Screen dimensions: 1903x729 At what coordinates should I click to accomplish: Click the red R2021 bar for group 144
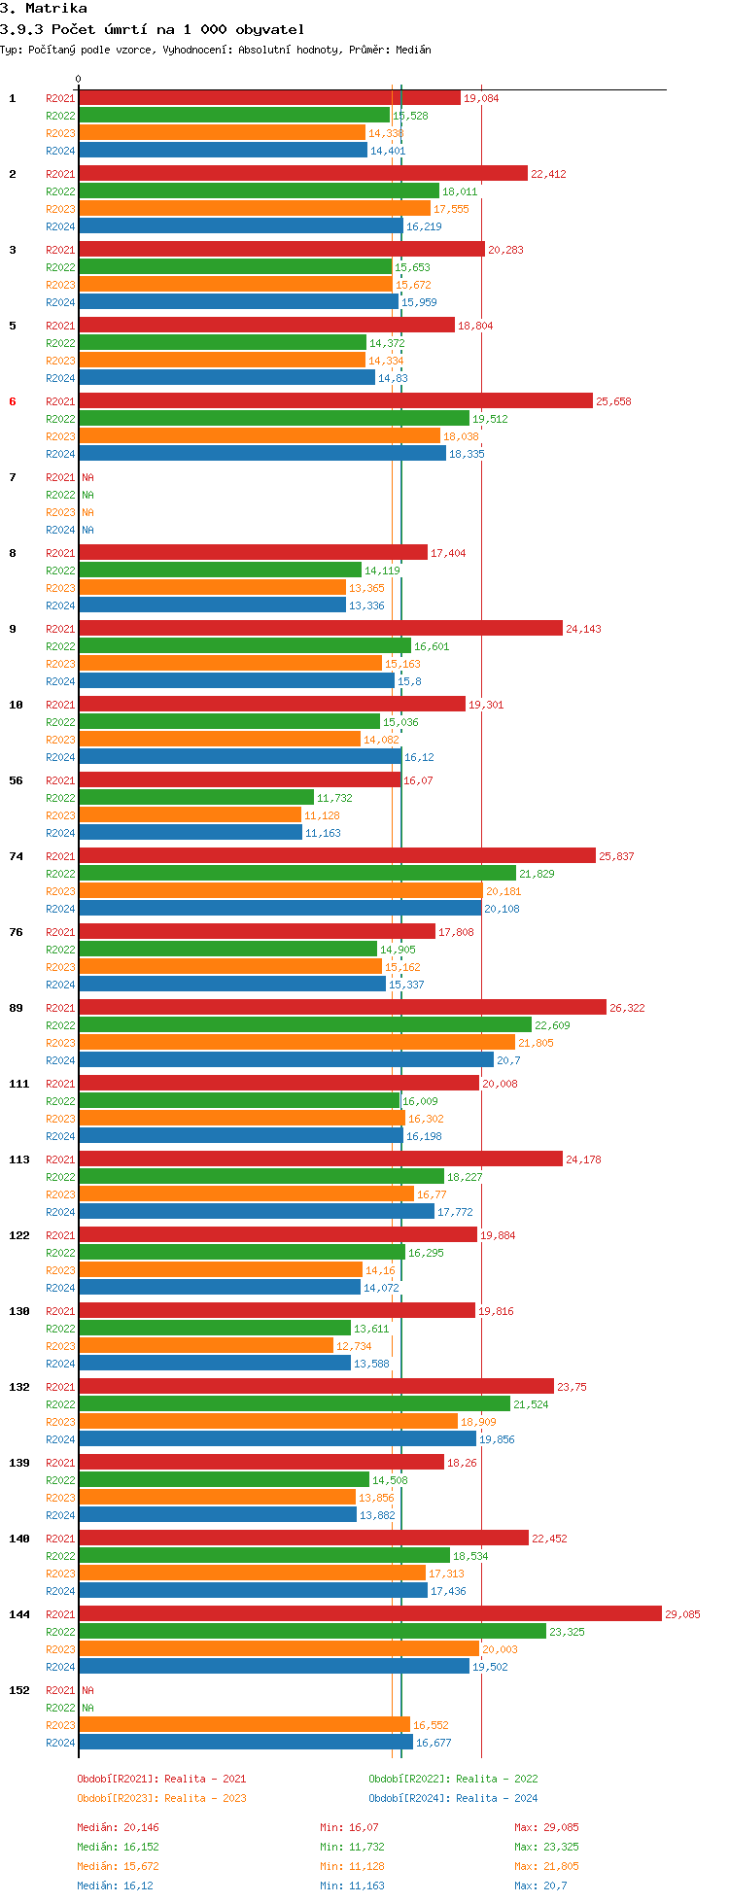(x=369, y=1613)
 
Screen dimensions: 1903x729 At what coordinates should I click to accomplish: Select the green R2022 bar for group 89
(x=305, y=1024)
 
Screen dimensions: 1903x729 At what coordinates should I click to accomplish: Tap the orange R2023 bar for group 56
(x=190, y=814)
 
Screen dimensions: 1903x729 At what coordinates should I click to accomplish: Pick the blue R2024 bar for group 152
(x=245, y=1742)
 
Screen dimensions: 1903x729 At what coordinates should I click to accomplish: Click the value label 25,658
(x=613, y=401)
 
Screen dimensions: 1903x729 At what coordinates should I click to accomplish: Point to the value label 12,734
(x=354, y=1346)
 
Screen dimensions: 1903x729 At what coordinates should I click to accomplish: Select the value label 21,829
(x=537, y=874)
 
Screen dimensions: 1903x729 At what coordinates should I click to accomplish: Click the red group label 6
(x=13, y=401)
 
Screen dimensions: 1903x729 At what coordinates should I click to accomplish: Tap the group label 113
(x=19, y=1159)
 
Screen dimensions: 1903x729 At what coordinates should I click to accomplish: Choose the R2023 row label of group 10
(x=60, y=740)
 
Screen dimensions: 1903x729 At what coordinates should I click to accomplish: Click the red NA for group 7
(x=87, y=477)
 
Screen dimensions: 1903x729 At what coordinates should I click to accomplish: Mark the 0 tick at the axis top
(x=79, y=80)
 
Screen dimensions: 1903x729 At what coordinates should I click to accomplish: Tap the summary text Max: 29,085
(x=546, y=1827)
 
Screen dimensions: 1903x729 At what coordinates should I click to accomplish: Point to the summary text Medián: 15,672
(x=118, y=1866)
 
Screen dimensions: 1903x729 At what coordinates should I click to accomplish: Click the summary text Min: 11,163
(x=352, y=1886)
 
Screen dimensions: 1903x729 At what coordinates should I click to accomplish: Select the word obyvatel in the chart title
(x=269, y=29)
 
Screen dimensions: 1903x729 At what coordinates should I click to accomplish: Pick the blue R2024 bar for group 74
(x=280, y=908)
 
